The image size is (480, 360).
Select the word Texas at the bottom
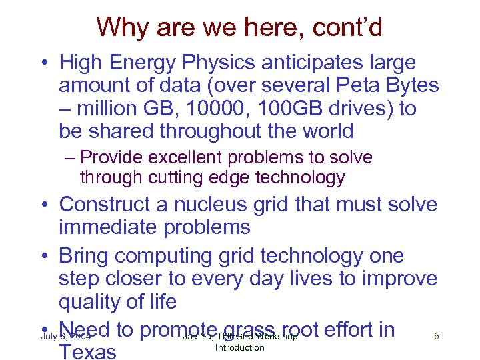89,351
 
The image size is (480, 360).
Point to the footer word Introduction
239,347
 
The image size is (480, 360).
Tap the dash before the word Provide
71,159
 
